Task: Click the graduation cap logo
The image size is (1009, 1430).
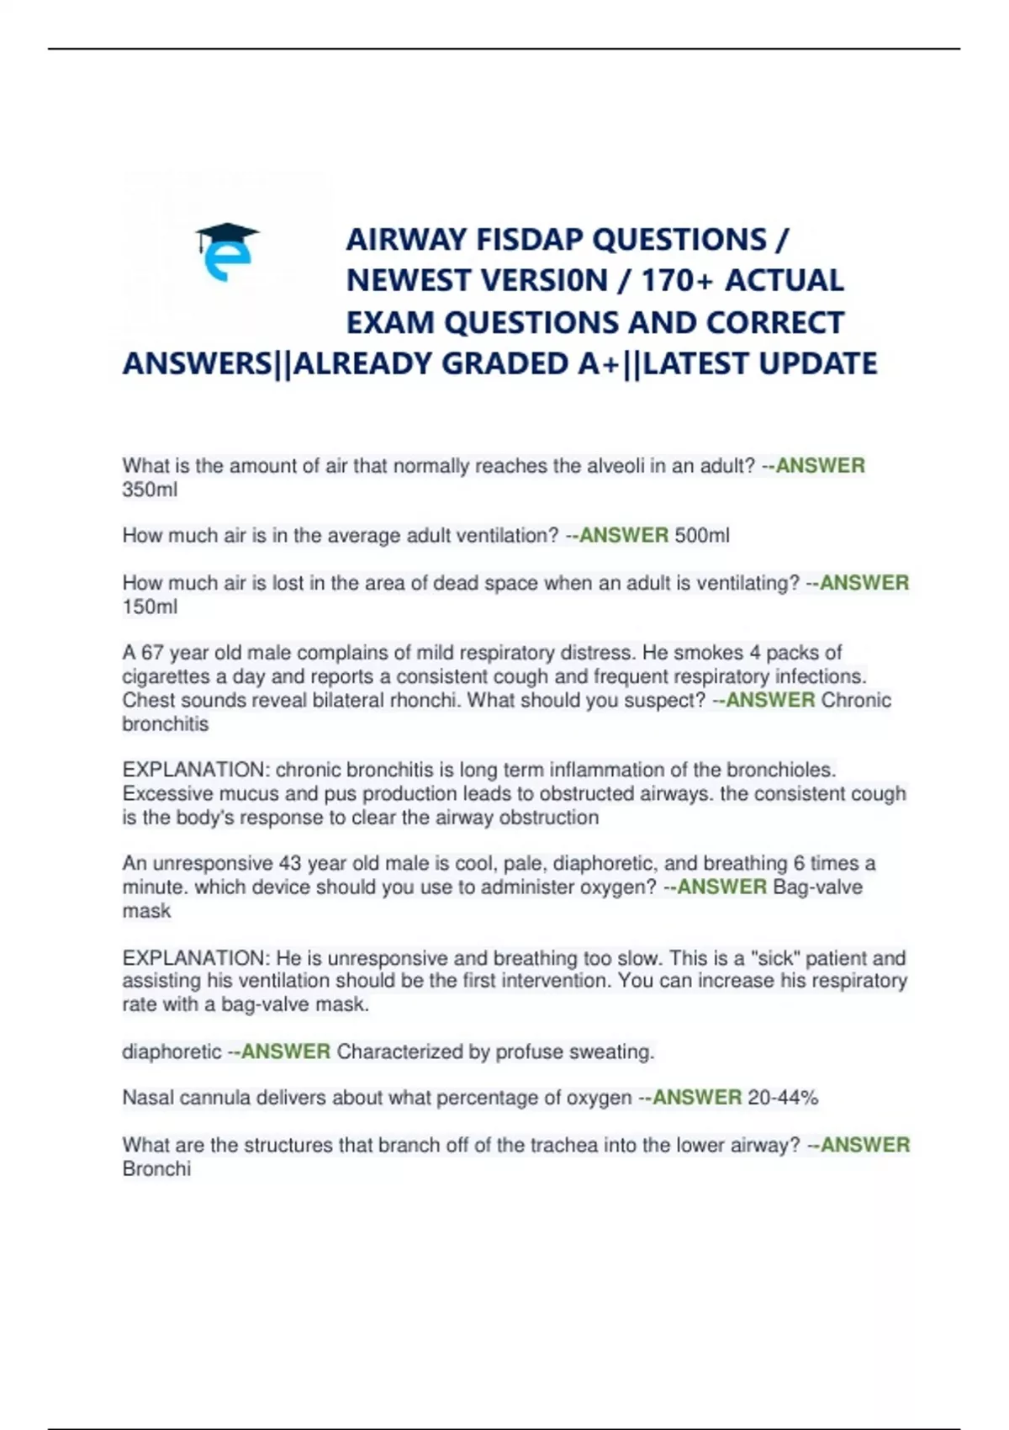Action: click(x=227, y=251)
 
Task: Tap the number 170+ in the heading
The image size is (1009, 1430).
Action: click(x=677, y=280)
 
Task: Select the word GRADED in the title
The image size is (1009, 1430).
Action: click(x=504, y=363)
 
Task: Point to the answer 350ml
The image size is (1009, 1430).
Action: click(x=150, y=490)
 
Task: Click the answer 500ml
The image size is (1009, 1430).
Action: click(x=702, y=535)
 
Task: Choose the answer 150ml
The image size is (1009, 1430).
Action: click(x=150, y=606)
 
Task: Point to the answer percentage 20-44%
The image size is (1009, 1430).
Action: click(x=782, y=1098)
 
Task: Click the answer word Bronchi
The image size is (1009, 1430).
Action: click(x=156, y=1168)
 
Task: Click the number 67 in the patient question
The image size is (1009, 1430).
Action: click(x=152, y=653)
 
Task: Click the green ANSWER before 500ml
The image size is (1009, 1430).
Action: click(x=624, y=535)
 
